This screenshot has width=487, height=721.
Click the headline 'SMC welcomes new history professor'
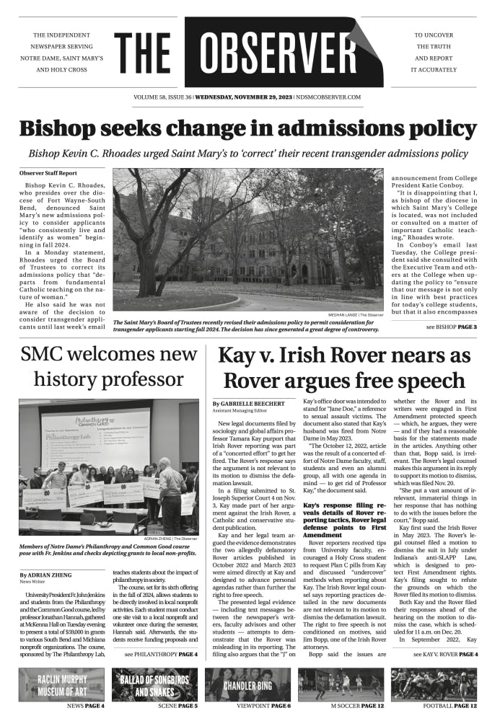tap(108, 366)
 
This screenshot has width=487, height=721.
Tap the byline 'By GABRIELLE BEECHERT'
tap(249, 404)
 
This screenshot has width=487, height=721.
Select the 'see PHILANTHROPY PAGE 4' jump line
tap(160, 654)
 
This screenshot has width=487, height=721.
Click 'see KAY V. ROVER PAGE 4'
tap(445, 654)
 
